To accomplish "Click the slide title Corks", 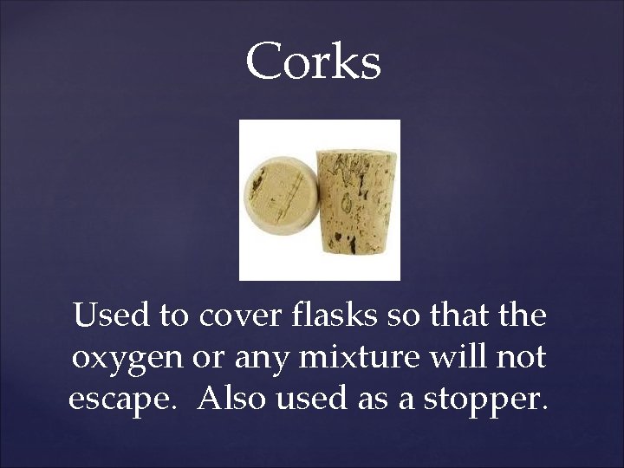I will coord(313,62).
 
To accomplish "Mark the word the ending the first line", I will coord(523,315).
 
